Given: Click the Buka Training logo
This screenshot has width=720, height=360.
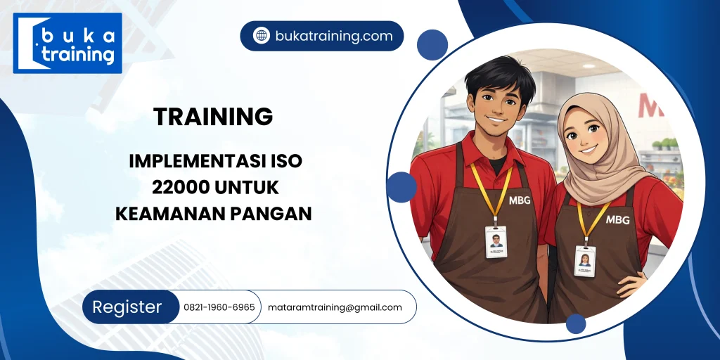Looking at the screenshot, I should tap(67, 43).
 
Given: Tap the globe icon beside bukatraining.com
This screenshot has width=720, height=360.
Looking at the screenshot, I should tap(261, 36).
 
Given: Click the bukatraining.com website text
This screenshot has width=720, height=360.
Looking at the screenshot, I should tap(333, 36).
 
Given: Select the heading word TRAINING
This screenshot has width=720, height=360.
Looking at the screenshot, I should tap(213, 117).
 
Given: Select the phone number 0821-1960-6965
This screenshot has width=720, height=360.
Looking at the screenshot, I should tap(219, 307).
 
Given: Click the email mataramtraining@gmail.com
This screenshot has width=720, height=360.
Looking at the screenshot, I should tap(335, 307).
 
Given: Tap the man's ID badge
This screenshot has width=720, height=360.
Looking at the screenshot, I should tap(496, 242).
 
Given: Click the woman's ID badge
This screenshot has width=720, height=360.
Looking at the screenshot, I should tap(584, 260).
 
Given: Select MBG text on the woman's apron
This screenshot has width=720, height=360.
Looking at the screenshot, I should tap(617, 219).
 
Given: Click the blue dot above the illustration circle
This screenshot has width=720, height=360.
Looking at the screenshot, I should tap(432, 45).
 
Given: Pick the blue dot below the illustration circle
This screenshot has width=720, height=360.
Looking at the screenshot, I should tap(576, 324).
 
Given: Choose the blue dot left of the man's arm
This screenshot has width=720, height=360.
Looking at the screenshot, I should tap(401, 187).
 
